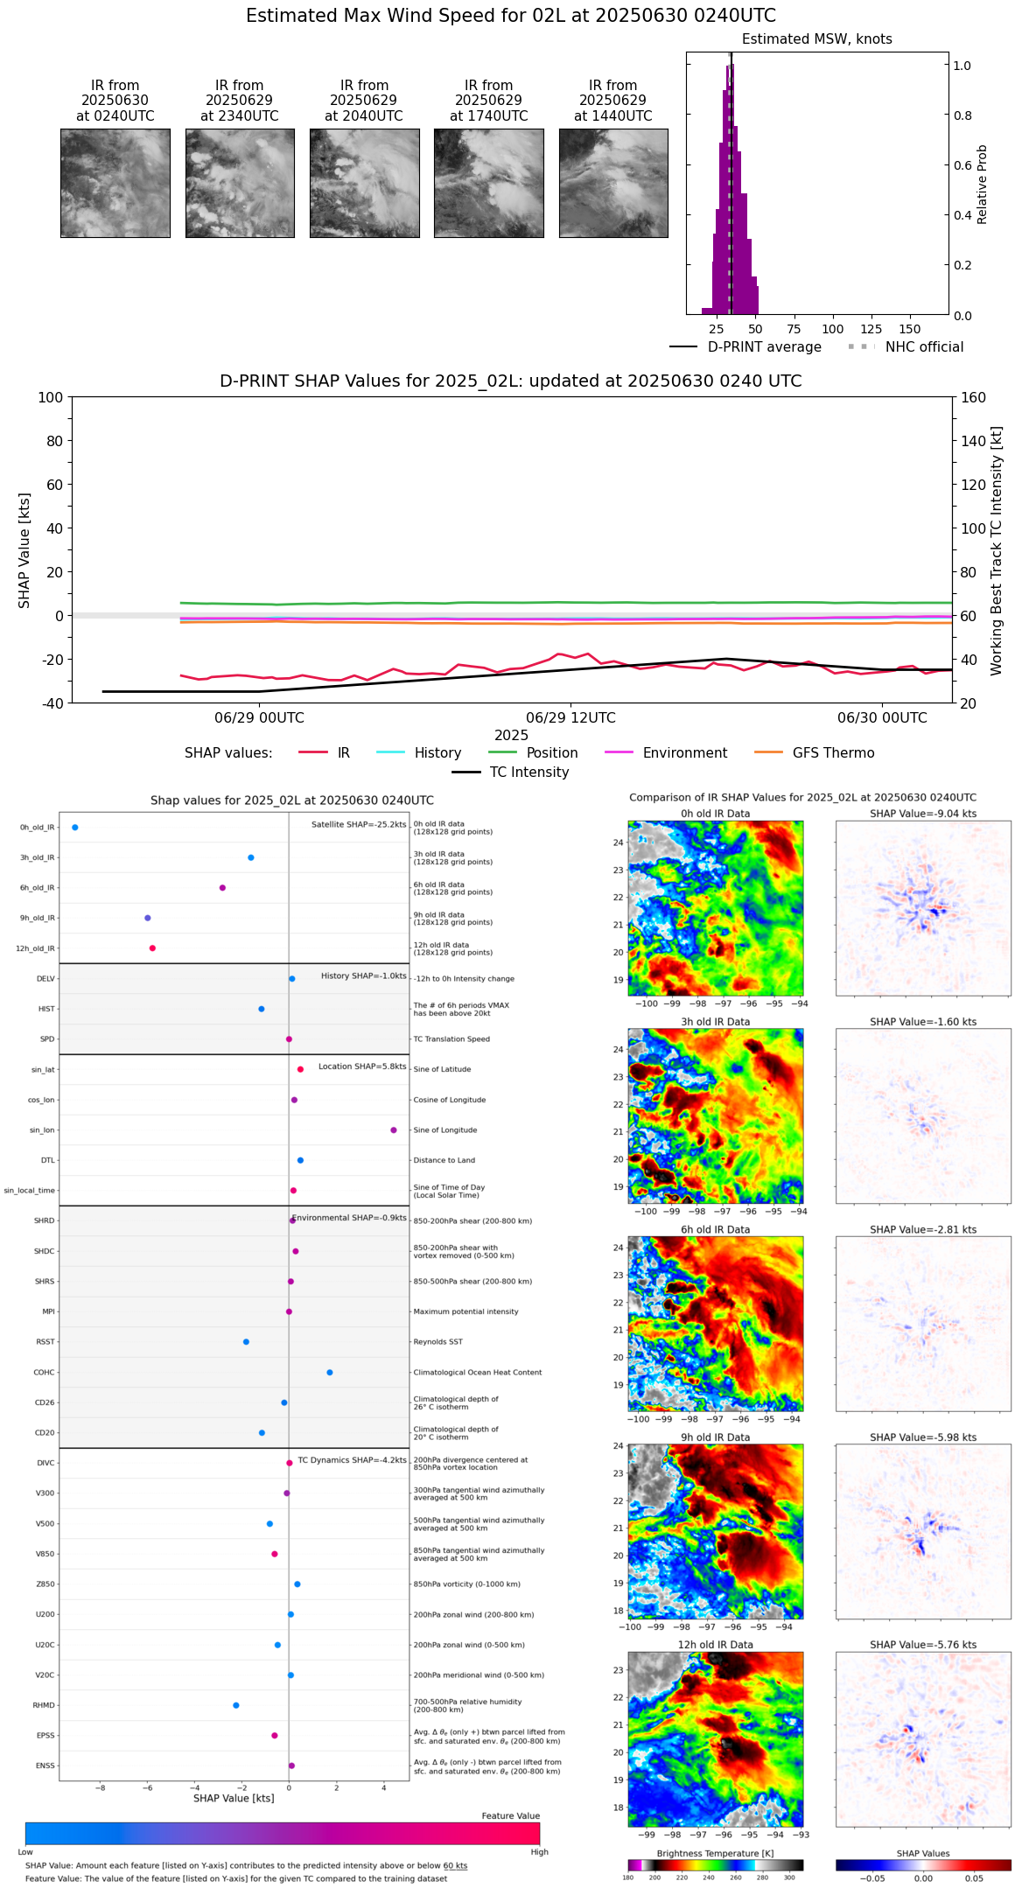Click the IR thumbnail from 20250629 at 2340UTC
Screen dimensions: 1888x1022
click(x=240, y=183)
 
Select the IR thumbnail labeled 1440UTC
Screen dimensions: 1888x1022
click(x=612, y=183)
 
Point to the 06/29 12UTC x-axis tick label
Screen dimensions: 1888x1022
click(x=570, y=718)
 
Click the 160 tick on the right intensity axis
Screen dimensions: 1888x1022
click(x=973, y=397)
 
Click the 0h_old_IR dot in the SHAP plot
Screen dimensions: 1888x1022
click(x=75, y=827)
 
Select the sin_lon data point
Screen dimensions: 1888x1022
click(x=394, y=1129)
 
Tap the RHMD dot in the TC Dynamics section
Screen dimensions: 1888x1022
click(x=236, y=1705)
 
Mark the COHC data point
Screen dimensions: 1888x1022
click(x=330, y=1372)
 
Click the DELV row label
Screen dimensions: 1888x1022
click(x=45, y=979)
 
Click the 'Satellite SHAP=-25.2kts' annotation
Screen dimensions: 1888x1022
click(x=359, y=824)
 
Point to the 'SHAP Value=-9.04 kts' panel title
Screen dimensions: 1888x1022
click(x=923, y=814)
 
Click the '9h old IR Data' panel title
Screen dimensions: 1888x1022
click(x=715, y=1437)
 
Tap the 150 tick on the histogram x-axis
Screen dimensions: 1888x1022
click(x=910, y=329)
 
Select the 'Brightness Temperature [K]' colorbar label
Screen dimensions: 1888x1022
click(x=715, y=1853)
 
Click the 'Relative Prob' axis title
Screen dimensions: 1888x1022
click(x=982, y=184)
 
